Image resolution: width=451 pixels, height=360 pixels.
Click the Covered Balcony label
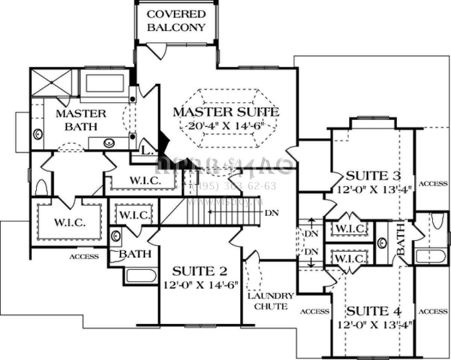pyautogui.click(x=176, y=21)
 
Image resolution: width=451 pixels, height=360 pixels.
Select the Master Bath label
pyautogui.click(x=81, y=120)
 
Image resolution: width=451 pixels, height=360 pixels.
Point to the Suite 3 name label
pyautogui.click(x=373, y=176)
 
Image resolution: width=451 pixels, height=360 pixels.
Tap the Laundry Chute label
pyautogui.click(x=270, y=301)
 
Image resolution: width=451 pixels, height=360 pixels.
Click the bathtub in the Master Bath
pyautogui.click(x=105, y=83)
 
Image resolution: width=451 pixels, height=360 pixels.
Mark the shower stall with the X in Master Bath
pyautogui.click(x=50, y=82)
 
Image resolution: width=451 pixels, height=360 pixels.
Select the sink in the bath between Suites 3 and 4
pyautogui.click(x=383, y=242)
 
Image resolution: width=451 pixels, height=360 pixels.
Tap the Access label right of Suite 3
pyautogui.click(x=433, y=184)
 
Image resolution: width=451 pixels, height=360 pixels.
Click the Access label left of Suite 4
pyautogui.click(x=315, y=312)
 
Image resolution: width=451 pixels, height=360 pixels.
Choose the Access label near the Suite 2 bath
pyautogui.click(x=84, y=257)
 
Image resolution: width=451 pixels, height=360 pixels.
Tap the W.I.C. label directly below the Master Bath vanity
pyautogui.click(x=145, y=180)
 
